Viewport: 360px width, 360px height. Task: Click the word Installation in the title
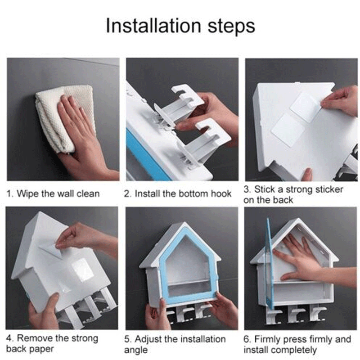point(153,26)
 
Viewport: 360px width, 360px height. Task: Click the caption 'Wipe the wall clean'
point(58,193)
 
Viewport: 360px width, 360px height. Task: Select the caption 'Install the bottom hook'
point(183,193)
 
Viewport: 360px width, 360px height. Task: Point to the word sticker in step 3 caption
point(329,189)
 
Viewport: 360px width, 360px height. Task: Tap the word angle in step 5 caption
point(136,351)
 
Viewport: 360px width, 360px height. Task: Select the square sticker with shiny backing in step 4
point(82,270)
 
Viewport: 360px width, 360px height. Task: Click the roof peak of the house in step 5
point(183,223)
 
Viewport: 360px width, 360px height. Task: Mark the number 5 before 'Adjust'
point(127,340)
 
